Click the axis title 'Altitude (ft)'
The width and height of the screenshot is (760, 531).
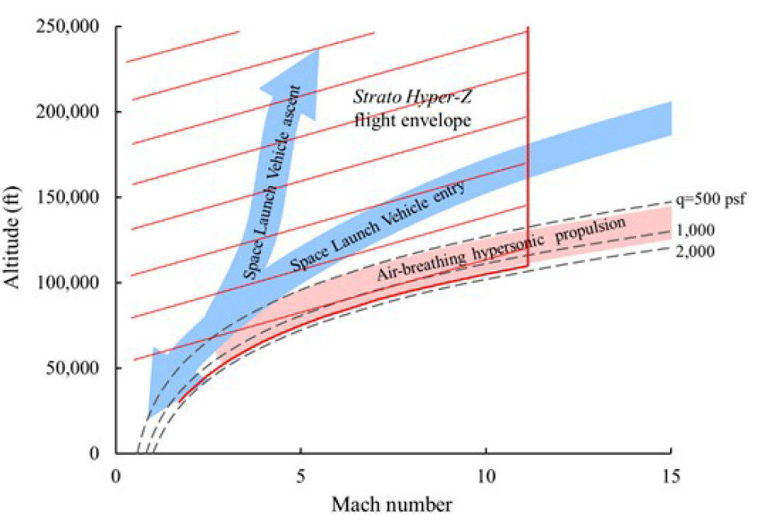click(17, 240)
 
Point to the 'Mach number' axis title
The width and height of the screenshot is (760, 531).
click(392, 505)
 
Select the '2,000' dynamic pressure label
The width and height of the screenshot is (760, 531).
click(695, 250)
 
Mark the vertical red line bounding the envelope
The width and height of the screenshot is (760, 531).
click(528, 155)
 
